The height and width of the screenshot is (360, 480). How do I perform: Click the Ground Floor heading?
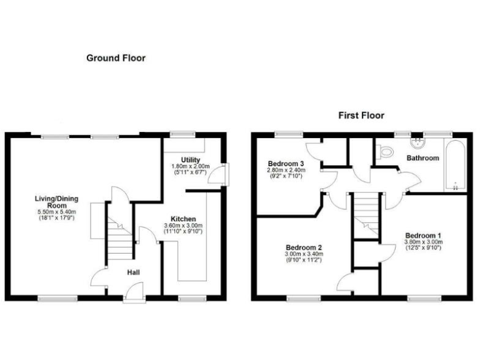(116, 58)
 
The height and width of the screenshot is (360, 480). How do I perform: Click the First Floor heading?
(361, 116)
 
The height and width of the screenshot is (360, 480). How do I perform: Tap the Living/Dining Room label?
(56, 202)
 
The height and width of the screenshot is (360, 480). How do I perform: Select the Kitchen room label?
(184, 219)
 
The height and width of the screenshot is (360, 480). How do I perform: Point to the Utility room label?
(191, 160)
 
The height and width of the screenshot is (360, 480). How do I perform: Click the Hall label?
(134, 272)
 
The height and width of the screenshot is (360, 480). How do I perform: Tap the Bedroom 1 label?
(422, 236)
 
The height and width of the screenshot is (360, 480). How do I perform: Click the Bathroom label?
(422, 158)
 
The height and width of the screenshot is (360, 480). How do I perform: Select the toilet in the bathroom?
(385, 150)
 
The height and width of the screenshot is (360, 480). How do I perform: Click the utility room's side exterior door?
(224, 173)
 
